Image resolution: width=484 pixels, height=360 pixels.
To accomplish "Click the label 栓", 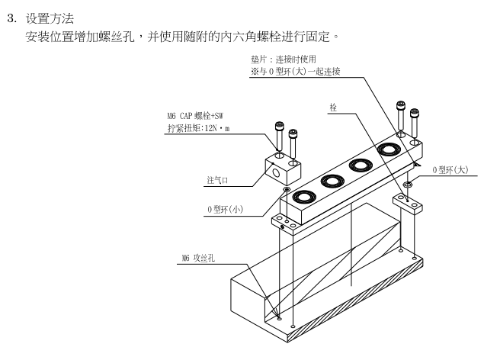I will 333,108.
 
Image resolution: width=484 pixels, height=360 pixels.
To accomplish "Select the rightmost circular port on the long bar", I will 389,151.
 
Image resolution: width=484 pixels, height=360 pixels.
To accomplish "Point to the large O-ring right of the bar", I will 409,184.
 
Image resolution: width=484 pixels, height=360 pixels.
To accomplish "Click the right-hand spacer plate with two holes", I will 408,202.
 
